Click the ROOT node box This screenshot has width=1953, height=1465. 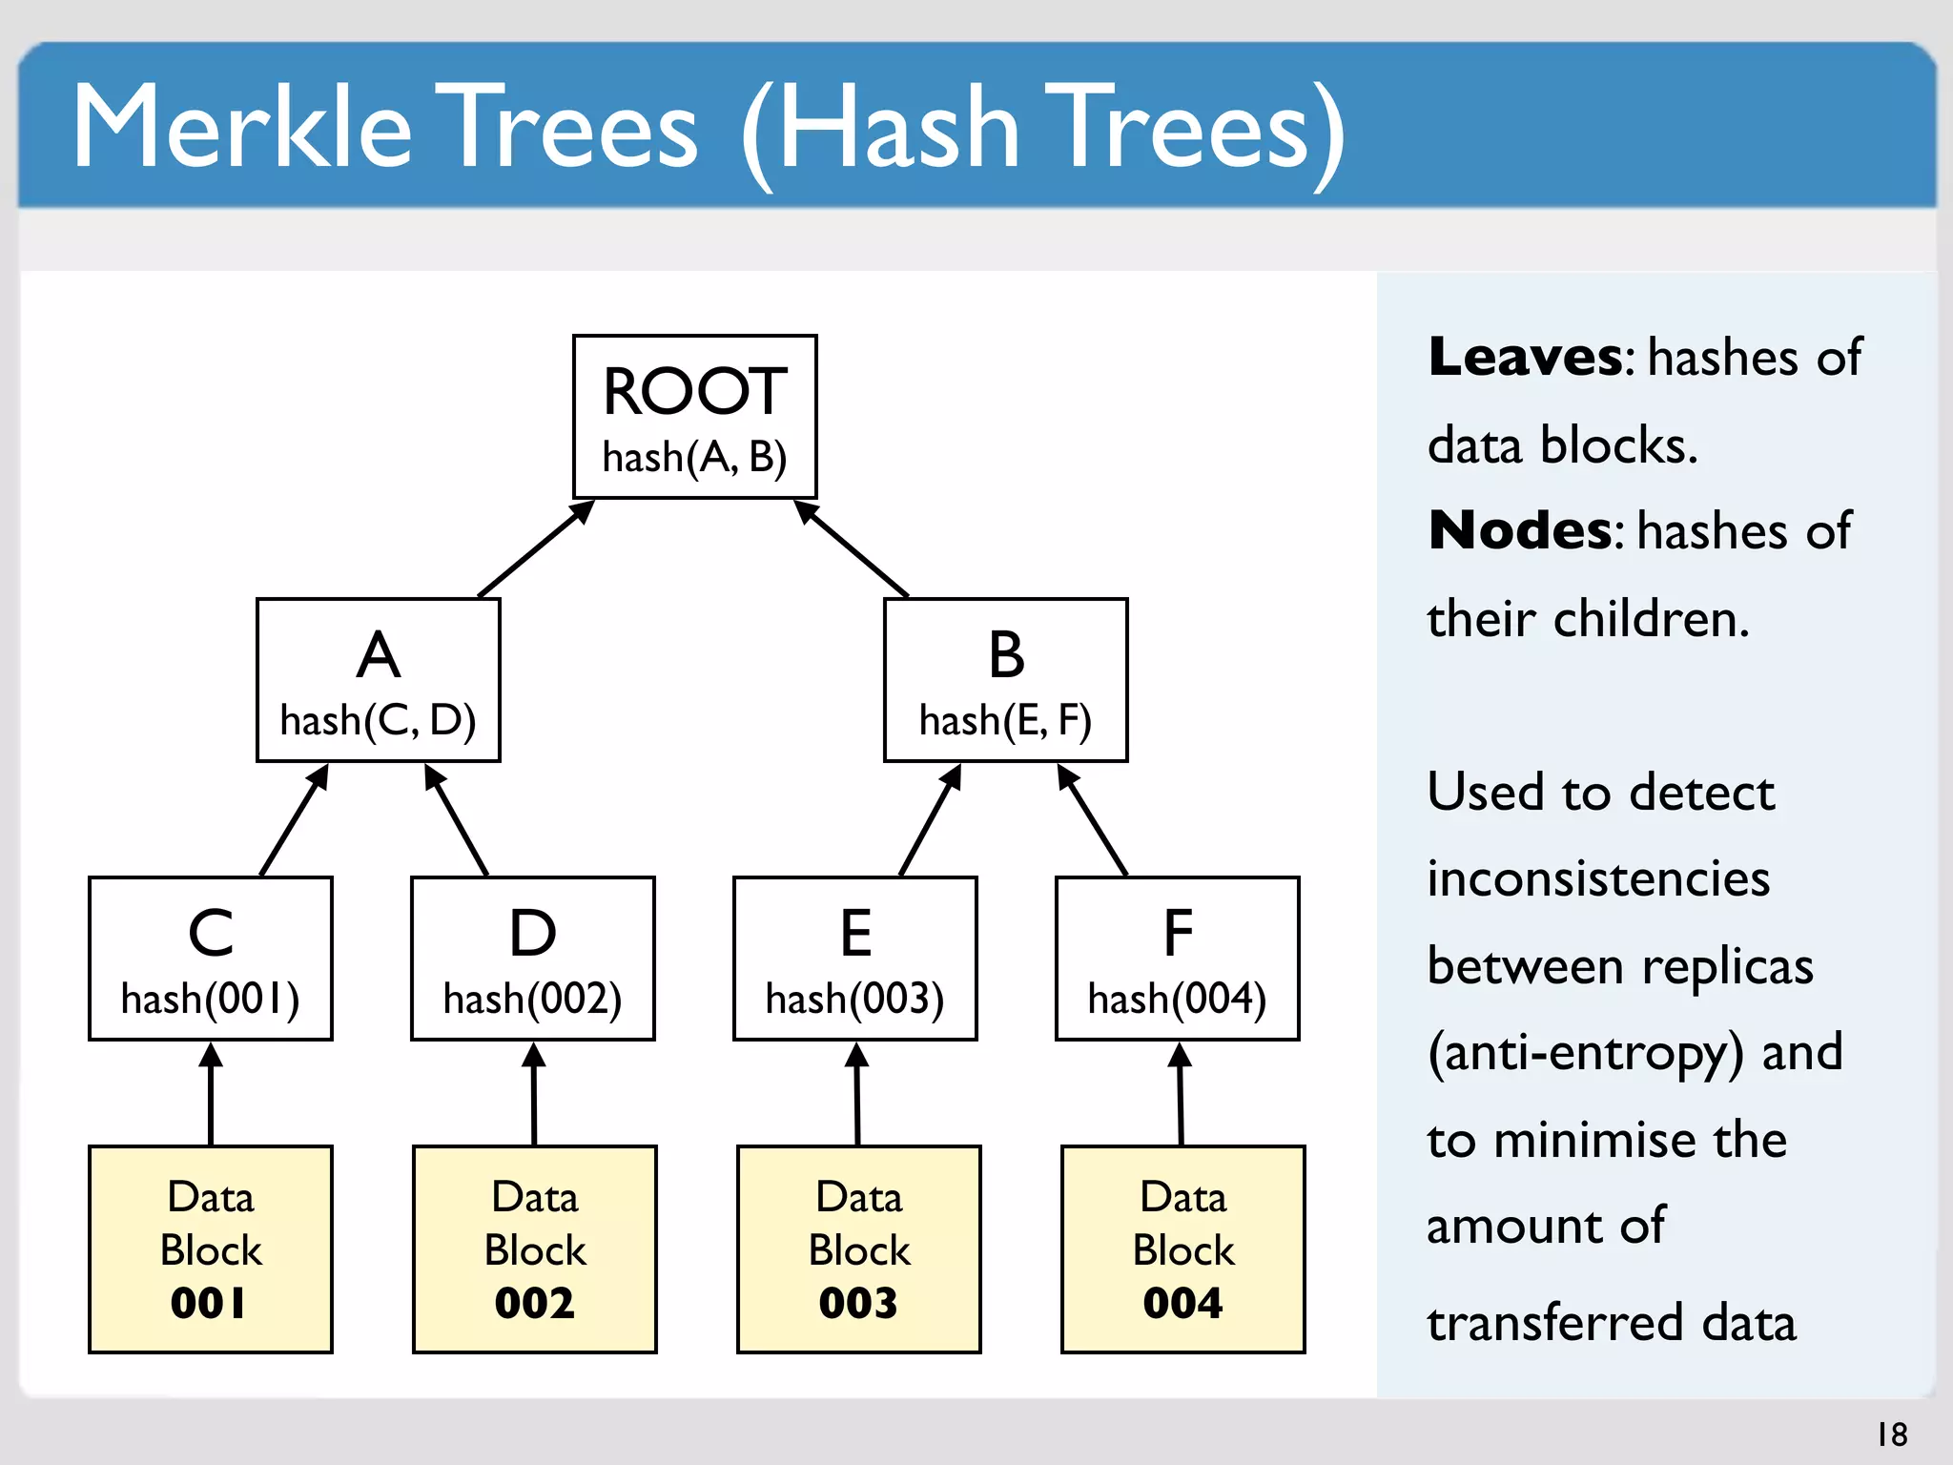click(694, 416)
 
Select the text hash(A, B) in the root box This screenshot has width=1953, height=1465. click(694, 458)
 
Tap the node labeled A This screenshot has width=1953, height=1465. click(378, 679)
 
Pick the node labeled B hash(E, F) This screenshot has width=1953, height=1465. click(1005, 679)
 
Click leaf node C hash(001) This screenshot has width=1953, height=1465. click(211, 958)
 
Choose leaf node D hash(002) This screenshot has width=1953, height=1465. click(532, 958)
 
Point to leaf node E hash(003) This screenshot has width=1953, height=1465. click(854, 958)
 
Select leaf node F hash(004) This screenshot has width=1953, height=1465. click(1177, 958)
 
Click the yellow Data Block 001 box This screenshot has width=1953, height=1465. click(211, 1248)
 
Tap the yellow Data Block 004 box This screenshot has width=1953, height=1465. click(1182, 1248)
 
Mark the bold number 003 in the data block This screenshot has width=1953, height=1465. click(858, 1303)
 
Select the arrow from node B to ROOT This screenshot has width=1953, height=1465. click(853, 550)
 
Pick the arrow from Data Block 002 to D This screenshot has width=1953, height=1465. click(534, 1095)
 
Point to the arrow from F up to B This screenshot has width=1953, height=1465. click(1094, 821)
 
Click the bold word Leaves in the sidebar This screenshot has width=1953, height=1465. click(1524, 357)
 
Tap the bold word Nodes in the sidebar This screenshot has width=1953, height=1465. click(1519, 530)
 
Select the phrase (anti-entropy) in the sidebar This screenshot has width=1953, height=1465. click(1585, 1052)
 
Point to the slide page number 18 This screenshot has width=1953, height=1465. click(1892, 1434)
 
